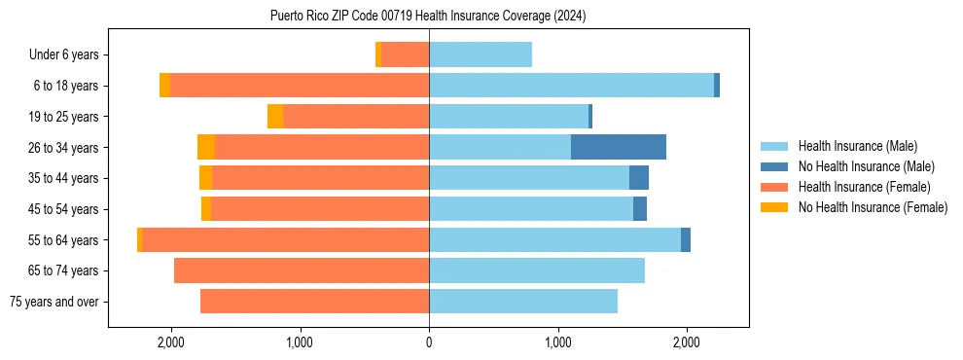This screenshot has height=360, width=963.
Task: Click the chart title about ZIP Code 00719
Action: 428,16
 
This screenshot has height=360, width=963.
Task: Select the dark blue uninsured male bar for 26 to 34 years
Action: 619,147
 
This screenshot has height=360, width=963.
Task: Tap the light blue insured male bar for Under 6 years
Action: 481,54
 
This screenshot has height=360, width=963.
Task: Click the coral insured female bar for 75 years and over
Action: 314,302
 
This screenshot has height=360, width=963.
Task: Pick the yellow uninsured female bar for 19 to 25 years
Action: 275,117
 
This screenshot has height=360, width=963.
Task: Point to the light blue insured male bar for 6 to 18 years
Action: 571,86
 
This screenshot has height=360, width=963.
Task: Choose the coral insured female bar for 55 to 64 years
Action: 286,239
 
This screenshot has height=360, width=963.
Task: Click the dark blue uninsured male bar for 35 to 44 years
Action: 639,178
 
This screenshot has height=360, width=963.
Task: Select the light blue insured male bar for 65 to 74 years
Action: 537,270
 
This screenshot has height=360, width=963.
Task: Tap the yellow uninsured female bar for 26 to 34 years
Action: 206,147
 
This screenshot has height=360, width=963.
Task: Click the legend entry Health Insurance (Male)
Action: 856,146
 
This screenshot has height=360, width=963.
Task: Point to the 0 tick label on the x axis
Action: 429,342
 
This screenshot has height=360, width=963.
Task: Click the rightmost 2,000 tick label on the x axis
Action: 687,342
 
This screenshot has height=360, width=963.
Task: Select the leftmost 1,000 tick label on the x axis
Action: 300,342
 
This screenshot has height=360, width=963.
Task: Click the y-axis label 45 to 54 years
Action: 63,209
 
